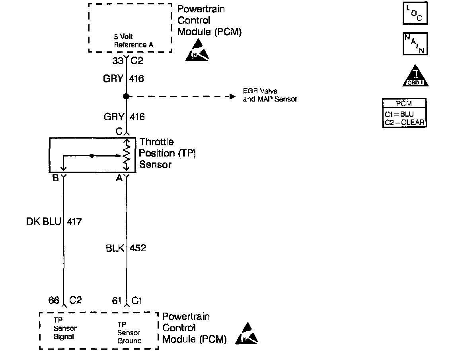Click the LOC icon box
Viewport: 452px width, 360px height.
coord(415,14)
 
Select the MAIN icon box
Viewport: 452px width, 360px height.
coord(415,43)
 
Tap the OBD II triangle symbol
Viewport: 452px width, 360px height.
coord(415,76)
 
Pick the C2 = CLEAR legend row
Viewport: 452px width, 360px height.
coord(404,123)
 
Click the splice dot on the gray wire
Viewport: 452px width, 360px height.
coord(126,96)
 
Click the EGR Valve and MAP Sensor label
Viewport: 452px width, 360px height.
coord(270,95)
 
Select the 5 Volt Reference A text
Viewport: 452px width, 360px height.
coord(133,41)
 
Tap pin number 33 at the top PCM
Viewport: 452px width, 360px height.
coord(117,61)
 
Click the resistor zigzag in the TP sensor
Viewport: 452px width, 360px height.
coord(126,155)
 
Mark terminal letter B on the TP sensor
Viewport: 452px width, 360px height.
coord(55,178)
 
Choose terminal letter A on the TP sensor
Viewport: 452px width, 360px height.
coord(119,178)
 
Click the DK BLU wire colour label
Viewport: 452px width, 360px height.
coord(43,221)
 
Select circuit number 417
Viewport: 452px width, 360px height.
coord(74,221)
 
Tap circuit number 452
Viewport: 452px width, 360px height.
coord(138,248)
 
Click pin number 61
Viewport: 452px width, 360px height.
coord(117,301)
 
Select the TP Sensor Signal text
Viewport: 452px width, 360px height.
coord(65,328)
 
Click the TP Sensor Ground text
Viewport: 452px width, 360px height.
coord(129,333)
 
